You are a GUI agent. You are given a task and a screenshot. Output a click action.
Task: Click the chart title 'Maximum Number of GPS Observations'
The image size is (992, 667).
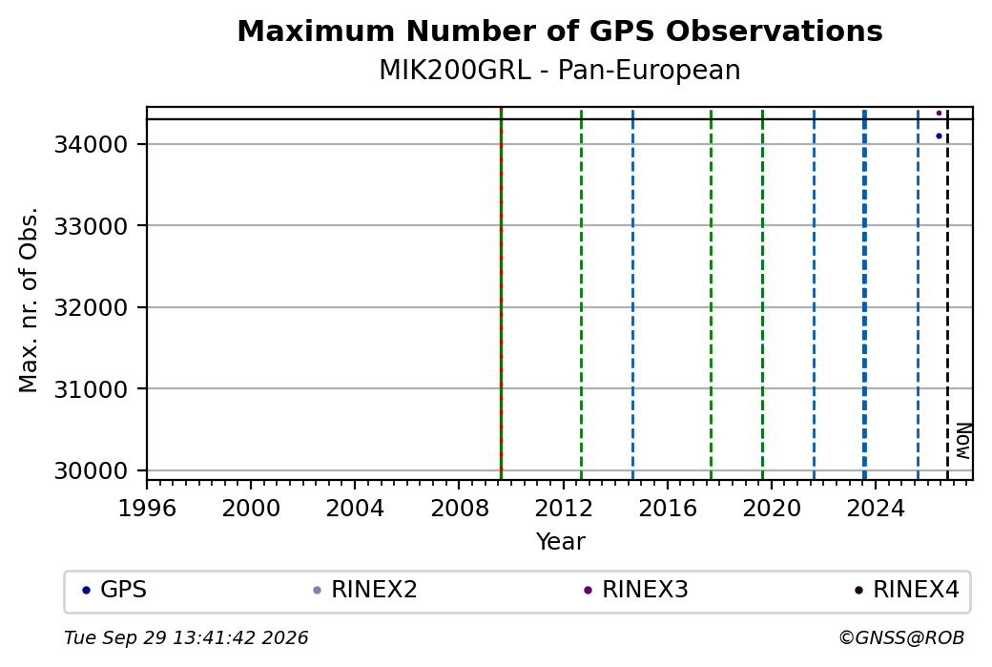560,31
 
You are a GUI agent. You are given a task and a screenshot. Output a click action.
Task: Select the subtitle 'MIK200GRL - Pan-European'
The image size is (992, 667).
560,71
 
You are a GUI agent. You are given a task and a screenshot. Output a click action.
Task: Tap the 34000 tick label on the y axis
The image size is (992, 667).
92,145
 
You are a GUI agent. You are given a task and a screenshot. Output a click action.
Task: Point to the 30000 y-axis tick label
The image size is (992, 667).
92,470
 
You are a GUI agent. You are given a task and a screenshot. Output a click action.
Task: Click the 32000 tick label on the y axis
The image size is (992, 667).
92,307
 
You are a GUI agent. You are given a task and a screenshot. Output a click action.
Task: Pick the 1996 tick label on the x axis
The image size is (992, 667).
147,508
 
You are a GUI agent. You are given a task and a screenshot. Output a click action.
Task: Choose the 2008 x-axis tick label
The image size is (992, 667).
459,508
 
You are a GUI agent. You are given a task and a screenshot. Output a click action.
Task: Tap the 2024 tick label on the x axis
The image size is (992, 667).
875,508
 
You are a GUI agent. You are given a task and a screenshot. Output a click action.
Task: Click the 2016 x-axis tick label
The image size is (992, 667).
667,508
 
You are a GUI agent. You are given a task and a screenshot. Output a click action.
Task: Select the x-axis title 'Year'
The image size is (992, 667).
561,542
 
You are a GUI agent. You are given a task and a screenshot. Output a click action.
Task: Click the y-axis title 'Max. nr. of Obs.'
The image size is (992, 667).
29,300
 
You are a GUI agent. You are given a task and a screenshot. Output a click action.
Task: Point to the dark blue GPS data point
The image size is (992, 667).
939,136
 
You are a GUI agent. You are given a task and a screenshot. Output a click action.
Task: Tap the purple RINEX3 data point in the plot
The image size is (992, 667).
939,114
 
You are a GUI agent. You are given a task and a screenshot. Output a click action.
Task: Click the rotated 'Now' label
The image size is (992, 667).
962,441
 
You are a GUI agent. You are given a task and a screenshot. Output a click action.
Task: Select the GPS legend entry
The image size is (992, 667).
114,590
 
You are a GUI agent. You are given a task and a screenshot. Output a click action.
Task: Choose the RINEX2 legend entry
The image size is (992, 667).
365,590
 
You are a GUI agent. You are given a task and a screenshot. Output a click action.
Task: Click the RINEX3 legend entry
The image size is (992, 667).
636,590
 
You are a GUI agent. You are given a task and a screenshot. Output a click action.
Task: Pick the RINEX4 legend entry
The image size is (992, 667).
906,590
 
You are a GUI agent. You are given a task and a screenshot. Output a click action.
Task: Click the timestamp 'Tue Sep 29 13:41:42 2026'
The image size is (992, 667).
186,637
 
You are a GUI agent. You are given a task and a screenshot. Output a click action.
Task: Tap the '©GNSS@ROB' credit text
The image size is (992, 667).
901,637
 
